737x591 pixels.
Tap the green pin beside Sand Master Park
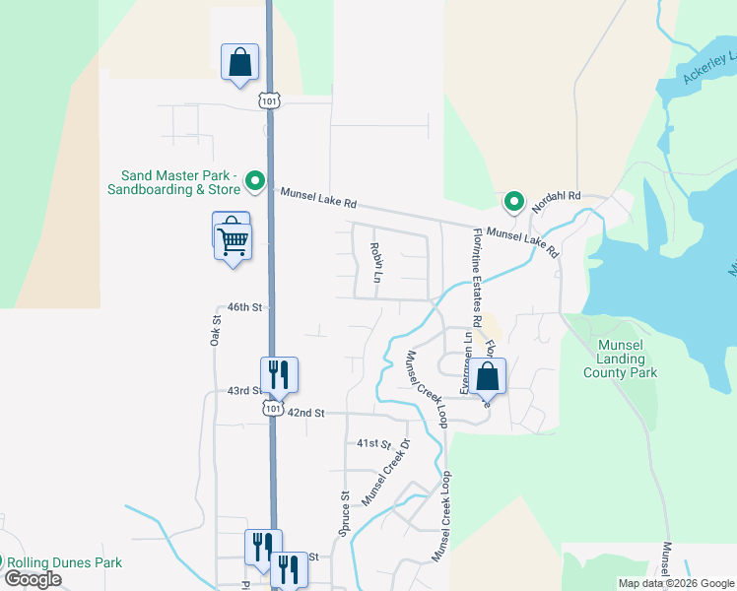coord(255,181)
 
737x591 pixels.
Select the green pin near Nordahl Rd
coord(513,202)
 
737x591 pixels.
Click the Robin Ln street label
coord(374,263)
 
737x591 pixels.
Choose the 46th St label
coord(244,307)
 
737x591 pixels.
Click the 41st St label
coord(374,444)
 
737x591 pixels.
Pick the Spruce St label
coord(344,514)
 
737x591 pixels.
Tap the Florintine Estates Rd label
coord(477,278)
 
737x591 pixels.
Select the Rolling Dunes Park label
coord(67,562)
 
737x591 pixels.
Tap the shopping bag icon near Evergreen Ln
coord(487,375)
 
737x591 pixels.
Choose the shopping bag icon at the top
coord(239,62)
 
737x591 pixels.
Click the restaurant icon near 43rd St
coord(279,373)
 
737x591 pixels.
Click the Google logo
coord(33,579)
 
